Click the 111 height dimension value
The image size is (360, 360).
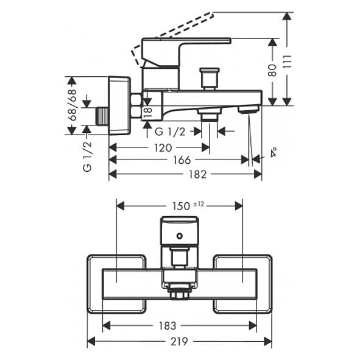[288, 62]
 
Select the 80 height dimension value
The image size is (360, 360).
[272, 70]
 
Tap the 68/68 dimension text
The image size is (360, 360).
[72, 105]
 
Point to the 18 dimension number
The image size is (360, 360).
[148, 113]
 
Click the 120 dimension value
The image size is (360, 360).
[163, 148]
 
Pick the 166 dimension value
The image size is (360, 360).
[182, 160]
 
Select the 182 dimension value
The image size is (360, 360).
[198, 174]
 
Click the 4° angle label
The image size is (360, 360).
[274, 152]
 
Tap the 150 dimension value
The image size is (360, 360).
[182, 206]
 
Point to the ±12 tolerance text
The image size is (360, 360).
[199, 204]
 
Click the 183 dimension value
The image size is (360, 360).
[168, 325]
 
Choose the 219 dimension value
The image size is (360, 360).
[179, 341]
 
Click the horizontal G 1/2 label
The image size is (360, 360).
[170, 132]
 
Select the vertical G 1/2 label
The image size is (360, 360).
[88, 157]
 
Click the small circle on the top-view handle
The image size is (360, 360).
[180, 236]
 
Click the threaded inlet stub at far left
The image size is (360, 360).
[102, 116]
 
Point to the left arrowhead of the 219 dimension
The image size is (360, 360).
[91, 341]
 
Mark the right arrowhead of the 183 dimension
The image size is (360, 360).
[253, 325]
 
